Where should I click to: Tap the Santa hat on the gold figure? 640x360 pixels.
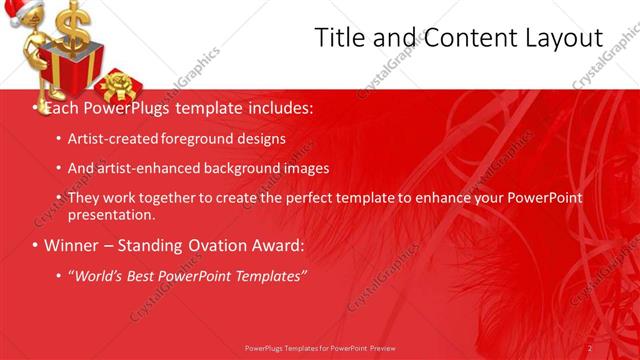pos(21,12)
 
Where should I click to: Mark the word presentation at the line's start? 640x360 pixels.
pos(111,214)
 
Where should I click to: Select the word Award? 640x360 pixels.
pos(276,245)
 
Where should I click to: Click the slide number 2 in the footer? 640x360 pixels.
pos(589,347)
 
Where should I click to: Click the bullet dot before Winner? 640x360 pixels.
pos(36,246)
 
